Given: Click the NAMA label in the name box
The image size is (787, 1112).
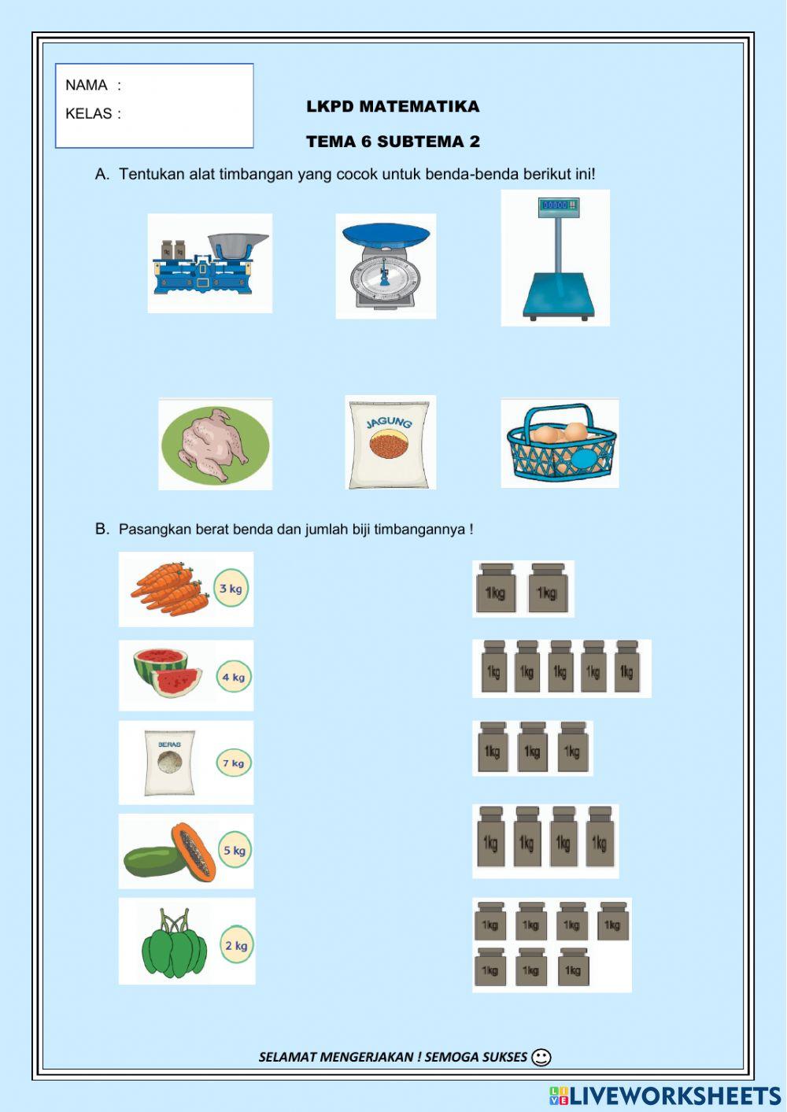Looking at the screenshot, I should click(x=87, y=85).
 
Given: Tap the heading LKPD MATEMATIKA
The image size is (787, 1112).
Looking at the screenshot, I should click(x=393, y=106).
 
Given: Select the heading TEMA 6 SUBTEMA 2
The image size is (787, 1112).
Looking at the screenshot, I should click(x=393, y=142).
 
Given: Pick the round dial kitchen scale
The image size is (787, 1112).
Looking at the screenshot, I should click(x=385, y=266).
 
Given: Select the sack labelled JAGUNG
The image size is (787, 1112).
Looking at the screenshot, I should click(x=390, y=442).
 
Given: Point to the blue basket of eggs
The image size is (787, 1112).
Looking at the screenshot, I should click(x=560, y=444).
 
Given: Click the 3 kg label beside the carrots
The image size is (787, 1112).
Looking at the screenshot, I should click(x=231, y=589).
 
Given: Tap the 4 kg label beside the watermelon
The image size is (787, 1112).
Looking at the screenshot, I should click(x=234, y=677).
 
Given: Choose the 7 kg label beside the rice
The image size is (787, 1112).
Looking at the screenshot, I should click(x=234, y=763).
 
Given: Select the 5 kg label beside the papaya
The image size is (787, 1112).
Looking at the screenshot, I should click(x=235, y=850).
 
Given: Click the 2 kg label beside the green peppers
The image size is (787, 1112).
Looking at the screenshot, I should click(x=236, y=945).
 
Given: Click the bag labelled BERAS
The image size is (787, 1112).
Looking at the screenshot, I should click(x=169, y=763).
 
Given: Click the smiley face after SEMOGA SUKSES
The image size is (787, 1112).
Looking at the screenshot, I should click(x=541, y=1057).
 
